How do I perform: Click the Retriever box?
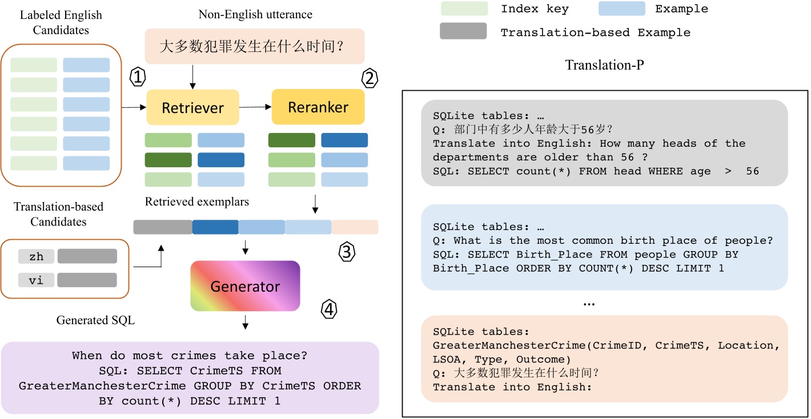193,107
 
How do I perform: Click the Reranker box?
318,107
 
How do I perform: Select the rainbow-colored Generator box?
245,286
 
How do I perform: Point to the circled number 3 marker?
348,251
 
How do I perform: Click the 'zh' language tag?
37,256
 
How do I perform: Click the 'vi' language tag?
37,280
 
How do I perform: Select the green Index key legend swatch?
464,9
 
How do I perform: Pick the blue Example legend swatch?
621,9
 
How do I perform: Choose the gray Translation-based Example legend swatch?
463,31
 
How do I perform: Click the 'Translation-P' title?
604,65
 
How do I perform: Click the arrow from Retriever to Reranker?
255,107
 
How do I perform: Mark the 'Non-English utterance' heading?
255,14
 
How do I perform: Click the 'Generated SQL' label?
95,320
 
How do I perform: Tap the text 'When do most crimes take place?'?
190,356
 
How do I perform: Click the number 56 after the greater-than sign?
752,171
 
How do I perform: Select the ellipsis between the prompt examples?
589,304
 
